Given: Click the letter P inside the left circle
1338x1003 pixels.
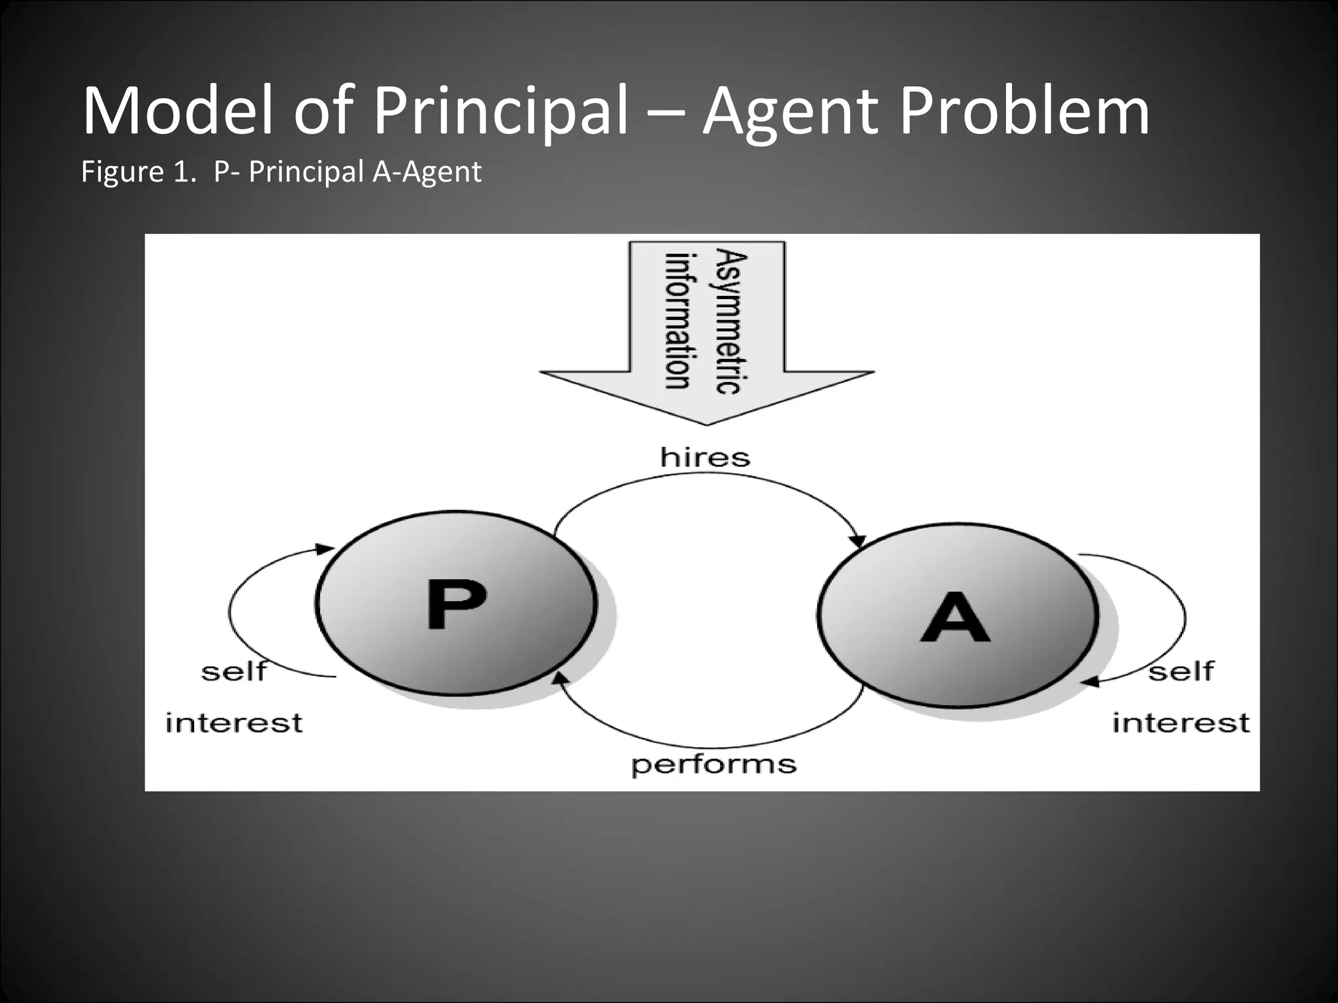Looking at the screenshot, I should (x=455, y=603).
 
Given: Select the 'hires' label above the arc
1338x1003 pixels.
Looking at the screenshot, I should (x=705, y=457).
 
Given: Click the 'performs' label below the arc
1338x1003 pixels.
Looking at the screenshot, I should (x=713, y=764).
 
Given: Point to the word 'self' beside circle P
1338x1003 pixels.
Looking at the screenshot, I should (x=234, y=671).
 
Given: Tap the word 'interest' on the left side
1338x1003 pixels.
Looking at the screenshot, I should (x=234, y=724).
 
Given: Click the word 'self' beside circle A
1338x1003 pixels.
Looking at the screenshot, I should (x=1181, y=671).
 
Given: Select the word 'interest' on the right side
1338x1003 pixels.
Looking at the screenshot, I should (x=1181, y=724).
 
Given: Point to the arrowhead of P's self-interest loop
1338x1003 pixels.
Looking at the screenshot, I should (x=325, y=549).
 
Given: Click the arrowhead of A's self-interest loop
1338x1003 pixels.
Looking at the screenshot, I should (x=1088, y=682).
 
